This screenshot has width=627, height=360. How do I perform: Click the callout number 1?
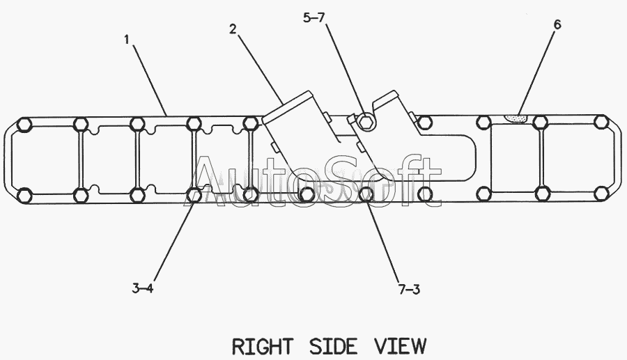127,40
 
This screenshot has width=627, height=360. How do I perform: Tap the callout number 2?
233,29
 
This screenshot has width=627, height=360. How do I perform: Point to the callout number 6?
557,24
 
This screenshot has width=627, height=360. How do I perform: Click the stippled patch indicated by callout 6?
516,119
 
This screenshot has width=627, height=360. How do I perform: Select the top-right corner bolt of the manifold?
601,124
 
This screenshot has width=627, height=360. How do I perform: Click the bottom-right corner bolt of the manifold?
601,194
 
